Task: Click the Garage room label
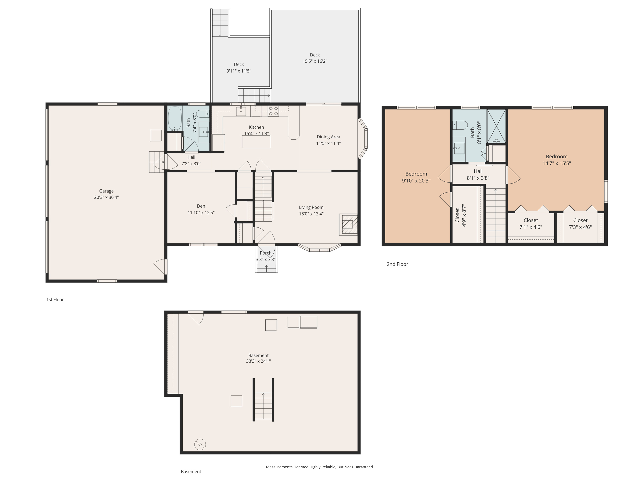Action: click(x=106, y=191)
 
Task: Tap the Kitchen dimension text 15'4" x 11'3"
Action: click(x=256, y=134)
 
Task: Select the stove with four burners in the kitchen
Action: click(x=273, y=111)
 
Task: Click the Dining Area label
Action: click(x=328, y=137)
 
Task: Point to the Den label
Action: click(x=201, y=206)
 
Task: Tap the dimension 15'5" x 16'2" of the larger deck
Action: click(x=315, y=61)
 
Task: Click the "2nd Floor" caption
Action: click(x=397, y=264)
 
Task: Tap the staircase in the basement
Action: click(x=263, y=400)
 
